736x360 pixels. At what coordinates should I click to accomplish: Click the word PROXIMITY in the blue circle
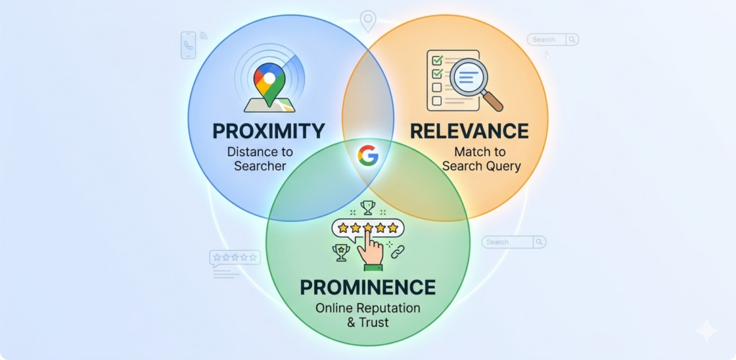coord(268,131)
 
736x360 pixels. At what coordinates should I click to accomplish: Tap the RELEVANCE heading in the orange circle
coord(469,131)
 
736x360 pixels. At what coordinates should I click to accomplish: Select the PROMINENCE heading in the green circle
coord(367,287)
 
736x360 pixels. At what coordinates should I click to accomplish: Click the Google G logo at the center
coord(368,155)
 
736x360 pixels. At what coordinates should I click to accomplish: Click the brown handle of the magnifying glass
coord(492,101)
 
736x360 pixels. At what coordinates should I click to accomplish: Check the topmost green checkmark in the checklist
coord(438,60)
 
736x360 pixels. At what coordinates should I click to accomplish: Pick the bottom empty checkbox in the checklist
coord(436,101)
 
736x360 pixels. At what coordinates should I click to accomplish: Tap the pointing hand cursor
coord(370,246)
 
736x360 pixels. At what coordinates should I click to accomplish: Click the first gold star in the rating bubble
coord(343,228)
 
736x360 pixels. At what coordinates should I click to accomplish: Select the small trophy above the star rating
coord(368,208)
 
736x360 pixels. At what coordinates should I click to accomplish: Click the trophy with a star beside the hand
coord(341,252)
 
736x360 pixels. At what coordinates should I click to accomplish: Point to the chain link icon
coord(397,252)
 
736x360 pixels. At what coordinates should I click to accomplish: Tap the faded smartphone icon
coord(189,45)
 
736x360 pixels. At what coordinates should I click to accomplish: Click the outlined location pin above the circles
coord(367,21)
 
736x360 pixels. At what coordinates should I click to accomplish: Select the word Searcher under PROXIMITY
coord(259,166)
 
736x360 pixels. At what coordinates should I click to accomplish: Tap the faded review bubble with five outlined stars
coord(235,258)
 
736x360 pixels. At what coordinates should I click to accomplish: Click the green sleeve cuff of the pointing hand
coord(373,267)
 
